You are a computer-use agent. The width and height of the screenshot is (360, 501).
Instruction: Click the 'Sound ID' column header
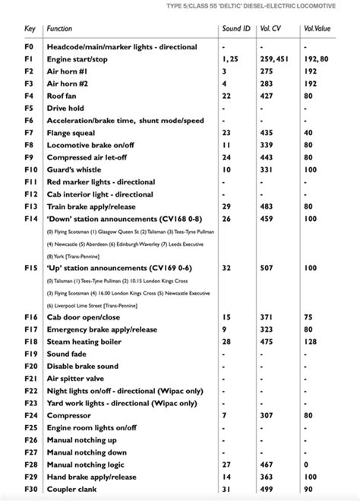pyautogui.click(x=235, y=28)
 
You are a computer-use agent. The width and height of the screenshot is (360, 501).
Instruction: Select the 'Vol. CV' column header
pyautogui.click(x=270, y=28)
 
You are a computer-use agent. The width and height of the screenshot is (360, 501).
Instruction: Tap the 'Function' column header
pyautogui.click(x=59, y=28)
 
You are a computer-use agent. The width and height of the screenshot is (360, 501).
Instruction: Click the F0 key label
pyautogui.click(x=29, y=46)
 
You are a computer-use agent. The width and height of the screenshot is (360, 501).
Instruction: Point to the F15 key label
pyautogui.click(x=30, y=268)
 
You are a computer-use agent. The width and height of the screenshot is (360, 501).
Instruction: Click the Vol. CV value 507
pyautogui.click(x=267, y=268)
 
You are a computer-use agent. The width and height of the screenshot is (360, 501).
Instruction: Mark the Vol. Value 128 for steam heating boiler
pyautogui.click(x=308, y=342)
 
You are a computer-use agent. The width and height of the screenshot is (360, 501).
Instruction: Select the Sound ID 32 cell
pyautogui.click(x=226, y=268)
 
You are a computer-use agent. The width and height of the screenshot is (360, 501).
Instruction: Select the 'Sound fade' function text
pyautogui.click(x=68, y=354)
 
